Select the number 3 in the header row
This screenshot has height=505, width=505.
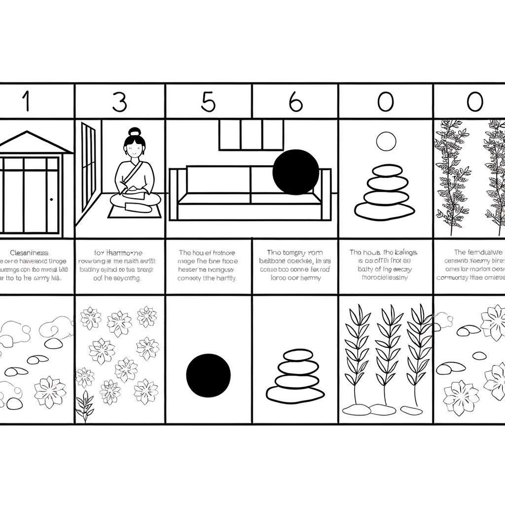(x=119, y=102)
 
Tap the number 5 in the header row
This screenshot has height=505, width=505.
(x=209, y=102)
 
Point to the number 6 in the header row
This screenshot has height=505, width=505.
(x=295, y=102)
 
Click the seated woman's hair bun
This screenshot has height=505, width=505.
(x=135, y=132)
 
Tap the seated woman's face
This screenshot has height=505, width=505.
(x=134, y=146)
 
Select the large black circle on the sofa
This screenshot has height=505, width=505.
(x=296, y=172)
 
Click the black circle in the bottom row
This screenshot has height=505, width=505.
(x=208, y=375)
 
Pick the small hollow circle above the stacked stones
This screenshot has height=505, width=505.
(x=386, y=141)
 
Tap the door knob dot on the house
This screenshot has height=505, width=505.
(x=51, y=199)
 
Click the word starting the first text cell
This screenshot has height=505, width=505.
(x=29, y=252)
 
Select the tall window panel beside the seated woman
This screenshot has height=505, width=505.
(x=88, y=165)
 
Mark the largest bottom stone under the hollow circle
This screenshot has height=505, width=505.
(x=384, y=211)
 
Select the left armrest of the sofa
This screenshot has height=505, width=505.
(x=173, y=194)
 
